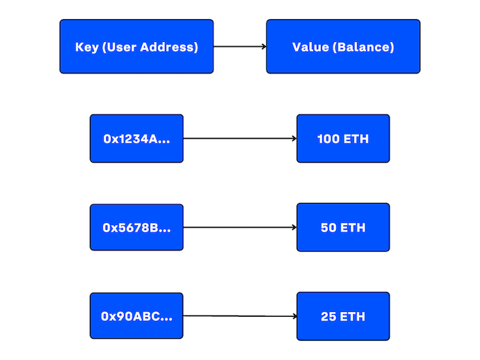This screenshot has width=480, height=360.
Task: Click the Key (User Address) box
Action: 136,47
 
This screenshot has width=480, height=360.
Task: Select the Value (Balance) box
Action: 343,47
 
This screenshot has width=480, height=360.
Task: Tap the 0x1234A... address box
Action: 136,139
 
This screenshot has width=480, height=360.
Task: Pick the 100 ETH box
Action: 343,139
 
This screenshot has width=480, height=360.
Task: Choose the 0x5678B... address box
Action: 136,227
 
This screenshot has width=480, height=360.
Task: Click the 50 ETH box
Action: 343,227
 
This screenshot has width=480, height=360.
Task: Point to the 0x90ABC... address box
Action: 136,316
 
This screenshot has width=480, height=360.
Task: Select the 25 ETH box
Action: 343,316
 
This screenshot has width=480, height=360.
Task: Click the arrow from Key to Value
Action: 240,47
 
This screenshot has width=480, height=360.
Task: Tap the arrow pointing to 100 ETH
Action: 240,139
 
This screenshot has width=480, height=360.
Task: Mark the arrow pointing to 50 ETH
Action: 240,227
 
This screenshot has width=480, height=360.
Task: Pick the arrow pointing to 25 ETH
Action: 240,316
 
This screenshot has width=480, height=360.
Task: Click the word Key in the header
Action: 86,47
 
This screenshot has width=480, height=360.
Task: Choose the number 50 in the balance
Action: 329,228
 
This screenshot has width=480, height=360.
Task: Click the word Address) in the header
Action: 173,47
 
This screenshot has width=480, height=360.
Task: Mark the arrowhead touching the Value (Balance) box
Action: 263,47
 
